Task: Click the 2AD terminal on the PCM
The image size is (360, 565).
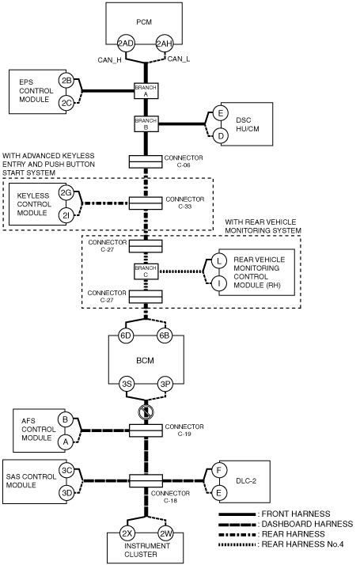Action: (x=126, y=44)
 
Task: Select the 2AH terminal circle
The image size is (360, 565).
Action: (x=165, y=44)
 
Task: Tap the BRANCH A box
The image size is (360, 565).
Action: (x=146, y=91)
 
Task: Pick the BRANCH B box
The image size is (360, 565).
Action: (x=146, y=124)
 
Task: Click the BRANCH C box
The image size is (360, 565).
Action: (x=146, y=271)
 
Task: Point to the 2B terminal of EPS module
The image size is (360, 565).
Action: (x=66, y=81)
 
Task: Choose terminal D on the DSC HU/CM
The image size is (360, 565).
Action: (x=220, y=136)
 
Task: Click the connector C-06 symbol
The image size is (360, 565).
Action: (x=146, y=161)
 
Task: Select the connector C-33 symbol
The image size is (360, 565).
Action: (x=146, y=203)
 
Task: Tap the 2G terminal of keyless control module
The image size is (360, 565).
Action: (x=66, y=193)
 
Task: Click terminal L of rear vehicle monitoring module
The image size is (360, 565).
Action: (x=218, y=260)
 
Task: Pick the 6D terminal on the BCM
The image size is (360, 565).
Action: (x=126, y=336)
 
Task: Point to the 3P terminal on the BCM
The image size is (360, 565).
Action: (x=165, y=384)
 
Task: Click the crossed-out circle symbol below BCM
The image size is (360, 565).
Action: (x=146, y=411)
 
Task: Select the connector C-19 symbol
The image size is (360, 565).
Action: (x=146, y=430)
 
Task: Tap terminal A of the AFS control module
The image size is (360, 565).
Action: (x=65, y=442)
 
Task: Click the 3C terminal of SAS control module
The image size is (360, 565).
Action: (x=66, y=470)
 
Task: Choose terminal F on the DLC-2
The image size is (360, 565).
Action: (x=218, y=470)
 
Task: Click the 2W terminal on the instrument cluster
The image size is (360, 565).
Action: (x=165, y=533)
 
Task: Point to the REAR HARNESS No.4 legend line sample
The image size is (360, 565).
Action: (x=237, y=544)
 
